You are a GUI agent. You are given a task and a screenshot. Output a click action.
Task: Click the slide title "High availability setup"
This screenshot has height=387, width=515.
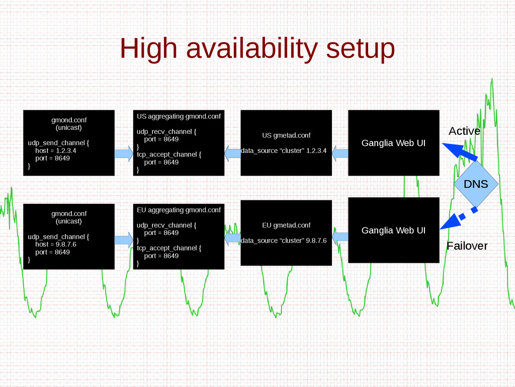(257, 49)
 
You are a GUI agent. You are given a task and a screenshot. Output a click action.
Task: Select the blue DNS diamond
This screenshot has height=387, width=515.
(476, 184)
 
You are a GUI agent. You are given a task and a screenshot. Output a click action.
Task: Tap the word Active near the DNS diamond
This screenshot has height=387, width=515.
(464, 131)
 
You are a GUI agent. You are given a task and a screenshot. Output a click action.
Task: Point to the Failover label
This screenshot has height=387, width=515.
(467, 246)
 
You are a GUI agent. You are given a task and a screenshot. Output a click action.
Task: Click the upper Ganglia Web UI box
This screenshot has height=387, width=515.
(393, 143)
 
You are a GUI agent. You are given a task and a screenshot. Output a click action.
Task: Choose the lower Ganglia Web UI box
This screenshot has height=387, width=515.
(393, 230)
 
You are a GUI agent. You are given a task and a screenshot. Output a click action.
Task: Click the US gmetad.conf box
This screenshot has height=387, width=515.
(286, 143)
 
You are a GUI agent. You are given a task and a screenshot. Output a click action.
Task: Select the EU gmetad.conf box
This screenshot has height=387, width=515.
(286, 233)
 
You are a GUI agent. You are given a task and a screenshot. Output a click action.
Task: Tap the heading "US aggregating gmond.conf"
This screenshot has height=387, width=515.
(179, 116)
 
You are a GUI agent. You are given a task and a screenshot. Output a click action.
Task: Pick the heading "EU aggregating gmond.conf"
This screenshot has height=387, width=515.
(179, 210)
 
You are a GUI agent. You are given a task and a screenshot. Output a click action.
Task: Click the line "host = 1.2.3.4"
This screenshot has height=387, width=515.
(55, 150)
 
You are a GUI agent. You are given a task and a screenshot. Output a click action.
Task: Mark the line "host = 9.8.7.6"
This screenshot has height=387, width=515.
(55, 244)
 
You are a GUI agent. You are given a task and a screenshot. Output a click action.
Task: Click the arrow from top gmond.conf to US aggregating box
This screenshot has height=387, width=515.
(124, 153)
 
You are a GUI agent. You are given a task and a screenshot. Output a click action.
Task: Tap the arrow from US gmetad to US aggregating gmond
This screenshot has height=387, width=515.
(232, 153)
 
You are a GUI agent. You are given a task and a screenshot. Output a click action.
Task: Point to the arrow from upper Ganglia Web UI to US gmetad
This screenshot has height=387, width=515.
(340, 153)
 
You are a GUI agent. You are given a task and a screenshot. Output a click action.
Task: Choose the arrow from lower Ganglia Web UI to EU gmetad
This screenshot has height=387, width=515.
(340, 237)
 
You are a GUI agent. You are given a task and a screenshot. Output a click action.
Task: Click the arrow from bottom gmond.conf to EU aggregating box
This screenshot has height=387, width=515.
(124, 240)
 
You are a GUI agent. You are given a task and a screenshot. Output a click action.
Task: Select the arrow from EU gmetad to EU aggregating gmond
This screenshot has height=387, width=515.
(232, 238)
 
